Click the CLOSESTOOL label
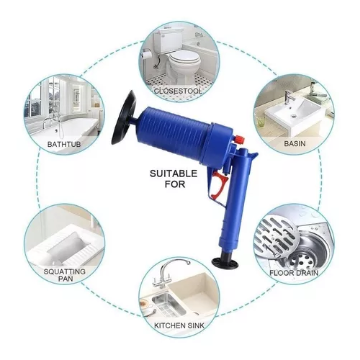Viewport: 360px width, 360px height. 178,91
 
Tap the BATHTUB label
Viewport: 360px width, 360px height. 64,144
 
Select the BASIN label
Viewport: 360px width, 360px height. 295,144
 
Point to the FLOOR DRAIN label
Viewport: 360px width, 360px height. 294,273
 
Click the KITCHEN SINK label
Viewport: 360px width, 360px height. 179,325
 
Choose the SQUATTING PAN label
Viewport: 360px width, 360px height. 65,275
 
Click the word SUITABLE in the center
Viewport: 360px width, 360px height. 174,173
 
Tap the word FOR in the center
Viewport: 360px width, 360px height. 175,184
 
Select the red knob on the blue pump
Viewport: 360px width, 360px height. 239,139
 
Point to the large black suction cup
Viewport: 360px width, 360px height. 124,118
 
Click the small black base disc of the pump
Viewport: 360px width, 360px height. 225,263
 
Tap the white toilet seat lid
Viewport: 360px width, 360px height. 185,60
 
